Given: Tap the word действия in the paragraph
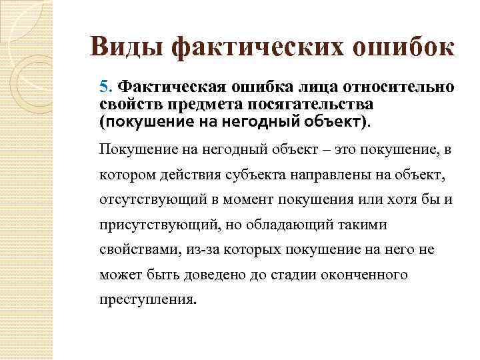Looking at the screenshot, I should (181, 174).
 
